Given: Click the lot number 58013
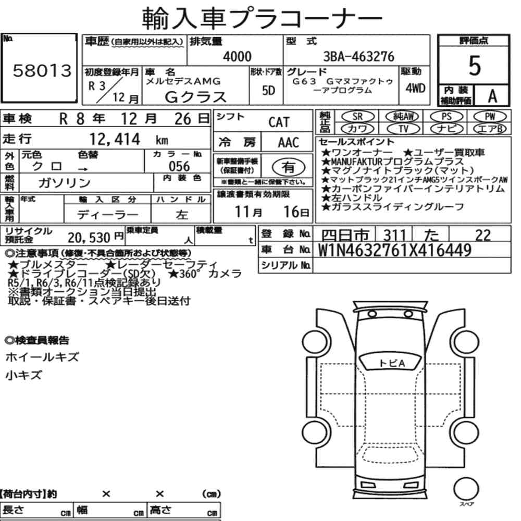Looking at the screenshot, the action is tap(42, 70).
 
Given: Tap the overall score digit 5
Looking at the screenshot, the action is tap(474, 66).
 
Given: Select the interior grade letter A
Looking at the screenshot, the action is tap(492, 96).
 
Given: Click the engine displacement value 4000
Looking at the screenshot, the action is tap(237, 56).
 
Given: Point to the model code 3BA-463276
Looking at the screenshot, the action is tap(358, 56).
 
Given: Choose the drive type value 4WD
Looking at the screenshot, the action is tap(415, 88).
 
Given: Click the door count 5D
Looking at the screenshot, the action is tap(268, 90).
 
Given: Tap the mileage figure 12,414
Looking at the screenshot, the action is tap(115, 139).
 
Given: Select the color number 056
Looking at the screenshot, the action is tap(179, 166).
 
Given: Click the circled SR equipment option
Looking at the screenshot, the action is tap(357, 117).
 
